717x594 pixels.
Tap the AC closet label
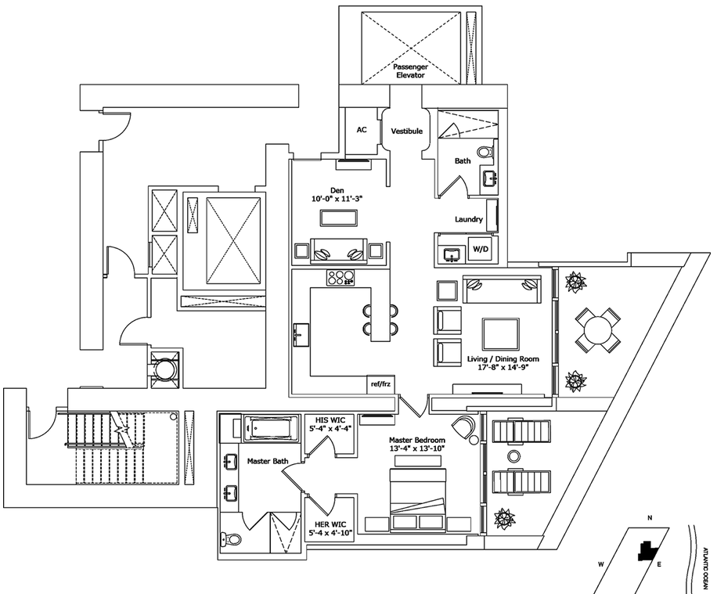[362, 131]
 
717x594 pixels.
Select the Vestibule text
[407, 131]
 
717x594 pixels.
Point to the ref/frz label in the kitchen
[381, 384]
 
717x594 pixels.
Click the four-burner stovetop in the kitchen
[340, 277]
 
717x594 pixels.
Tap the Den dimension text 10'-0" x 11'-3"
[338, 199]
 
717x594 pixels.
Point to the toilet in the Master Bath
[231, 539]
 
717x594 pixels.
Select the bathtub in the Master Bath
[270, 427]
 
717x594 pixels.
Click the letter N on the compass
[649, 518]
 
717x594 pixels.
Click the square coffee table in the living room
[500, 334]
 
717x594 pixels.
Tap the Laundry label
[468, 219]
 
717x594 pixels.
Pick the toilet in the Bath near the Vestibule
[485, 151]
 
